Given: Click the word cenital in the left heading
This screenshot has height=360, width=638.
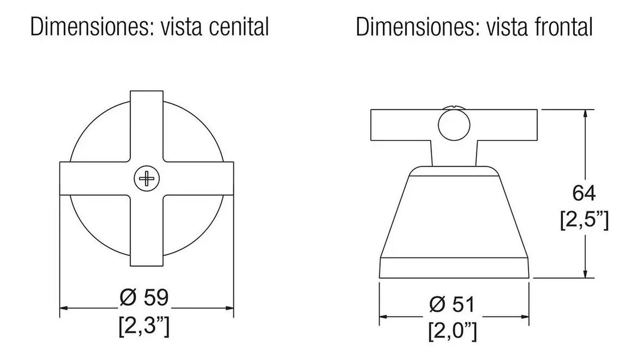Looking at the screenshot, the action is pyautogui.click(x=239, y=27).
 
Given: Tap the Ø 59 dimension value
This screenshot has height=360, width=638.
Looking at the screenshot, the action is pyautogui.click(x=144, y=297).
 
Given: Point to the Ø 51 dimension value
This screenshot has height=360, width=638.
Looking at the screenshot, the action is pyautogui.click(x=452, y=305).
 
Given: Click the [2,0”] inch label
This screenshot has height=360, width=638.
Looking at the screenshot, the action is pyautogui.click(x=452, y=331).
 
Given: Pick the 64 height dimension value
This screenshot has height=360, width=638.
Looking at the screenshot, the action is pyautogui.click(x=584, y=194).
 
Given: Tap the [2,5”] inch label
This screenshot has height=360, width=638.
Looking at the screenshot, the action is pyautogui.click(x=584, y=220).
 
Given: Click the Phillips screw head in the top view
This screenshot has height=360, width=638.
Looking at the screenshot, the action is pyautogui.click(x=147, y=179).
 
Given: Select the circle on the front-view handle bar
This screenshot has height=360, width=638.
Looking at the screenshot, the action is pyautogui.click(x=454, y=125).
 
